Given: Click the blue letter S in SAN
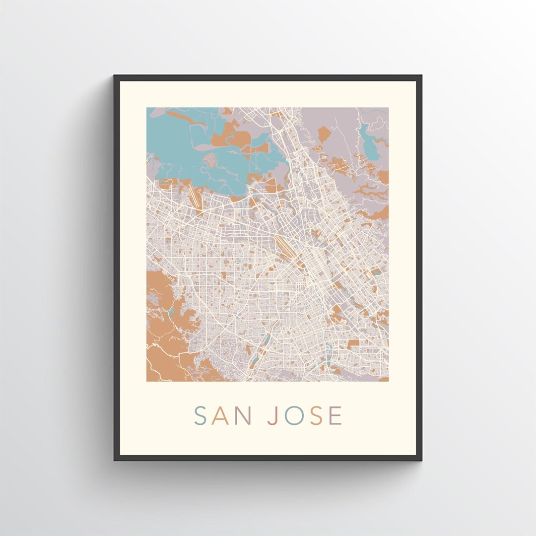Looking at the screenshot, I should click(x=200, y=416).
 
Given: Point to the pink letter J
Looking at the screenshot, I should click(x=272, y=416).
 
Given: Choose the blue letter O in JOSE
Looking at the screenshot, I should click(x=293, y=416).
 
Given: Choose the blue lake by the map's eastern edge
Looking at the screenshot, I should click(x=378, y=271).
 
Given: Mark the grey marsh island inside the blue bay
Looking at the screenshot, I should click(x=211, y=160).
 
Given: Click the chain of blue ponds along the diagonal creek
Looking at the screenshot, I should click(x=262, y=347).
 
